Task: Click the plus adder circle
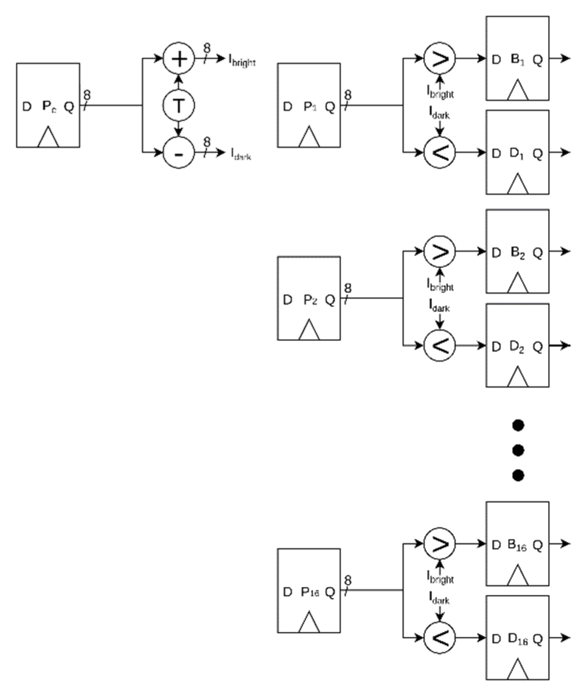point(179,59)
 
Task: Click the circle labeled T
point(179,106)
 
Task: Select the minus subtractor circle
point(179,152)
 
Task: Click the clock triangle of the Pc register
point(48,137)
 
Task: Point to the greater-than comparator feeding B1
point(439,59)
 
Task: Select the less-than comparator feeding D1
point(439,152)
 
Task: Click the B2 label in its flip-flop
point(518,253)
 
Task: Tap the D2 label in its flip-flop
point(517,347)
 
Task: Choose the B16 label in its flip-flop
point(517,545)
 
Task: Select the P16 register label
point(310,592)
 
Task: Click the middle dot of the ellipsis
point(518,450)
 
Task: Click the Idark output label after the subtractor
point(241,154)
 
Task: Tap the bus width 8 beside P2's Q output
point(348,288)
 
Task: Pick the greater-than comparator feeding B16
point(439,544)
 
